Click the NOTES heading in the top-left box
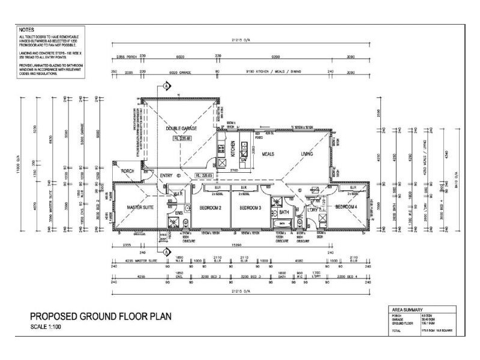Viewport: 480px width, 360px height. [x=26, y=29]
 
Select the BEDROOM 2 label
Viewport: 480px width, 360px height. [x=211, y=208]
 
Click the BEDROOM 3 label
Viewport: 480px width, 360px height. [x=251, y=208]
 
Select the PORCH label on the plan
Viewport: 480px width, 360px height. [x=127, y=170]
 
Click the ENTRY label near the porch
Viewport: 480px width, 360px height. [x=166, y=176]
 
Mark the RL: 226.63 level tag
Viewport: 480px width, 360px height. [x=205, y=176]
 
